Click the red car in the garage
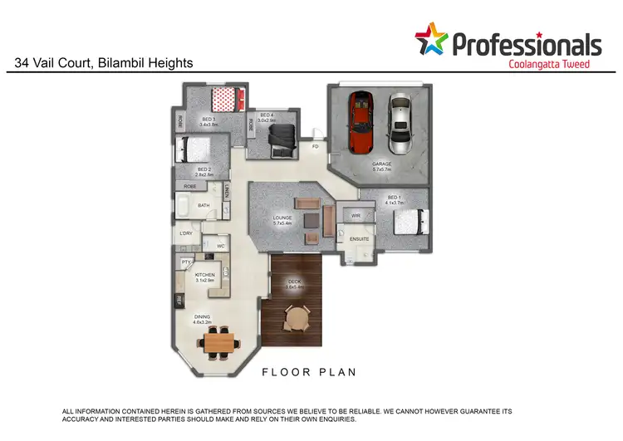[x=361, y=122]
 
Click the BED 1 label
[x=395, y=198]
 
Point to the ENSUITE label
[x=359, y=239]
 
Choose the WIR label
[x=355, y=215]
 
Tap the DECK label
[x=295, y=282]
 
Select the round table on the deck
[x=296, y=316]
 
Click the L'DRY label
[x=186, y=233]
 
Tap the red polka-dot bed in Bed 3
[x=224, y=100]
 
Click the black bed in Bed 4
[x=283, y=139]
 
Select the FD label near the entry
[x=315, y=146]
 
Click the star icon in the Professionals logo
[x=431, y=39]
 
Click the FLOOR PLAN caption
[x=309, y=373]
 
